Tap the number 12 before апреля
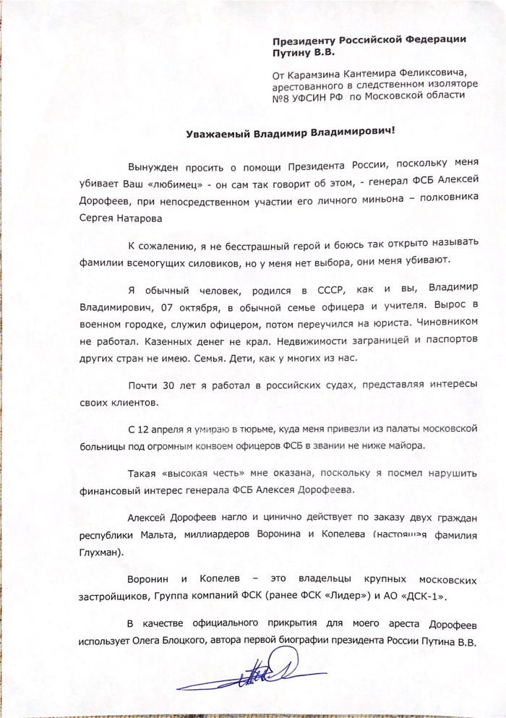pyautogui.click(x=147, y=429)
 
